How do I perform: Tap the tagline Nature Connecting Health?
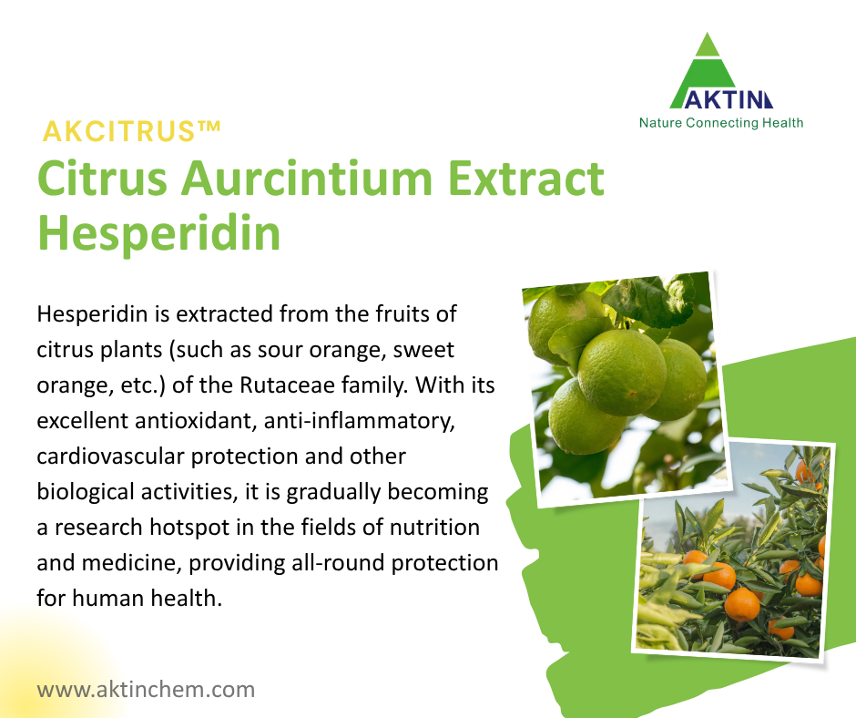pos(721,122)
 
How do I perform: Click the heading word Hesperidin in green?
pos(158,233)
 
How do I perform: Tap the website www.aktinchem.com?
pos(146,689)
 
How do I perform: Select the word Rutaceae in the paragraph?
pos(285,385)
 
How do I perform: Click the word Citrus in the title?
pos(100,178)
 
